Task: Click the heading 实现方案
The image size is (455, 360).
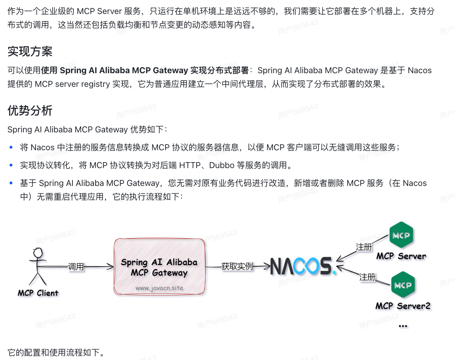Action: (30, 51)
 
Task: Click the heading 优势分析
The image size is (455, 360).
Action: (30, 111)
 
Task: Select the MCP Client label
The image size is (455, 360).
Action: (38, 293)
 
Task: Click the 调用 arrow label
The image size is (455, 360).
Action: (76, 267)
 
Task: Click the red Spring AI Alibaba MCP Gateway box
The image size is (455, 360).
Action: (159, 266)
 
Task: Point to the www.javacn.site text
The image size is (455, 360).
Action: (159, 288)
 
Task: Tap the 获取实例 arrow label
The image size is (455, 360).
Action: (237, 266)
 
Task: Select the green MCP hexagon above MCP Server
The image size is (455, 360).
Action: (401, 235)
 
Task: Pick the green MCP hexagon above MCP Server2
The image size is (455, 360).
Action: (403, 285)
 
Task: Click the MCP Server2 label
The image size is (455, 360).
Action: (403, 306)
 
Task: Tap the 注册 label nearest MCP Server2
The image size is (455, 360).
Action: (367, 277)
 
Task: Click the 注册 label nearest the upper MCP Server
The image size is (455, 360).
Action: (364, 247)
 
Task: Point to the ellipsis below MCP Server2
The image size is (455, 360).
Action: (403, 326)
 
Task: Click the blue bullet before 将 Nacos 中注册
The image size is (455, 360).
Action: (11, 147)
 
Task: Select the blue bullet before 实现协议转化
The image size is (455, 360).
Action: (11, 165)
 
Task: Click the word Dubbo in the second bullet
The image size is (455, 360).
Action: (222, 165)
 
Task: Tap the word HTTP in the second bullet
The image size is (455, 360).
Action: (190, 165)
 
